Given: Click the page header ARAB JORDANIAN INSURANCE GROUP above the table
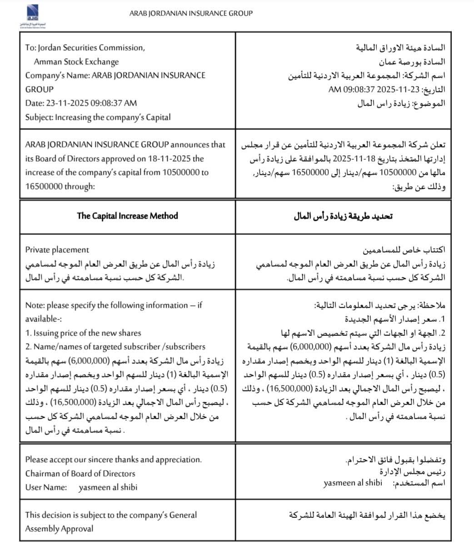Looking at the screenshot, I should pos(191,14).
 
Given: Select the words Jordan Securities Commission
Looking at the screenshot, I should pos(91,48).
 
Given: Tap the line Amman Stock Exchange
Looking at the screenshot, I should pos(76,62).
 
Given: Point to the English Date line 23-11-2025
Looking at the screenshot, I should pos(81,103).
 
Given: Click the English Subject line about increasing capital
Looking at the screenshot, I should pos(98,117).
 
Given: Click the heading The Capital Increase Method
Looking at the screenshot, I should pos(127,216).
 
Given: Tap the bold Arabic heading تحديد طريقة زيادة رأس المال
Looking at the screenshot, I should pos(343,216).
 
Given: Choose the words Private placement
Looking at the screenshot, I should pos(57,250).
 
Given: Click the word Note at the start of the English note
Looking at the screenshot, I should pos(35,305).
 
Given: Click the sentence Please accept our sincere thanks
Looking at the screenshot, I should pos(113,460).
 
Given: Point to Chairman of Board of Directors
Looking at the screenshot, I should pos(80,474).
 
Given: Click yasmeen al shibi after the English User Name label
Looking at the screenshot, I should pos(108,487).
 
